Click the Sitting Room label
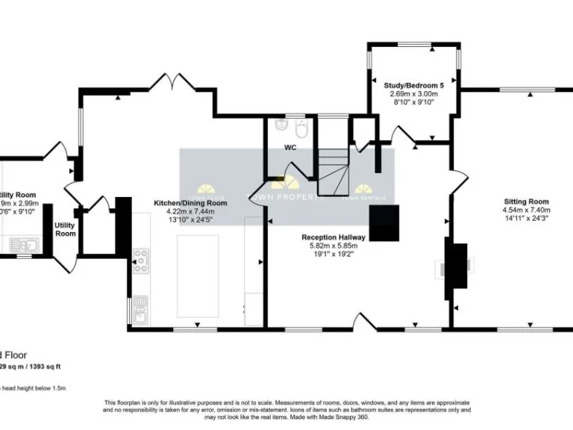[x=526, y=202]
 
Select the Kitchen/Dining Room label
[x=190, y=203]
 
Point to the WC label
[x=290, y=148]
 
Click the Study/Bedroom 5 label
[x=414, y=87]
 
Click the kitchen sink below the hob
[x=140, y=305]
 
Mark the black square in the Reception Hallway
[x=386, y=222]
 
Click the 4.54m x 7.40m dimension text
[x=526, y=211]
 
